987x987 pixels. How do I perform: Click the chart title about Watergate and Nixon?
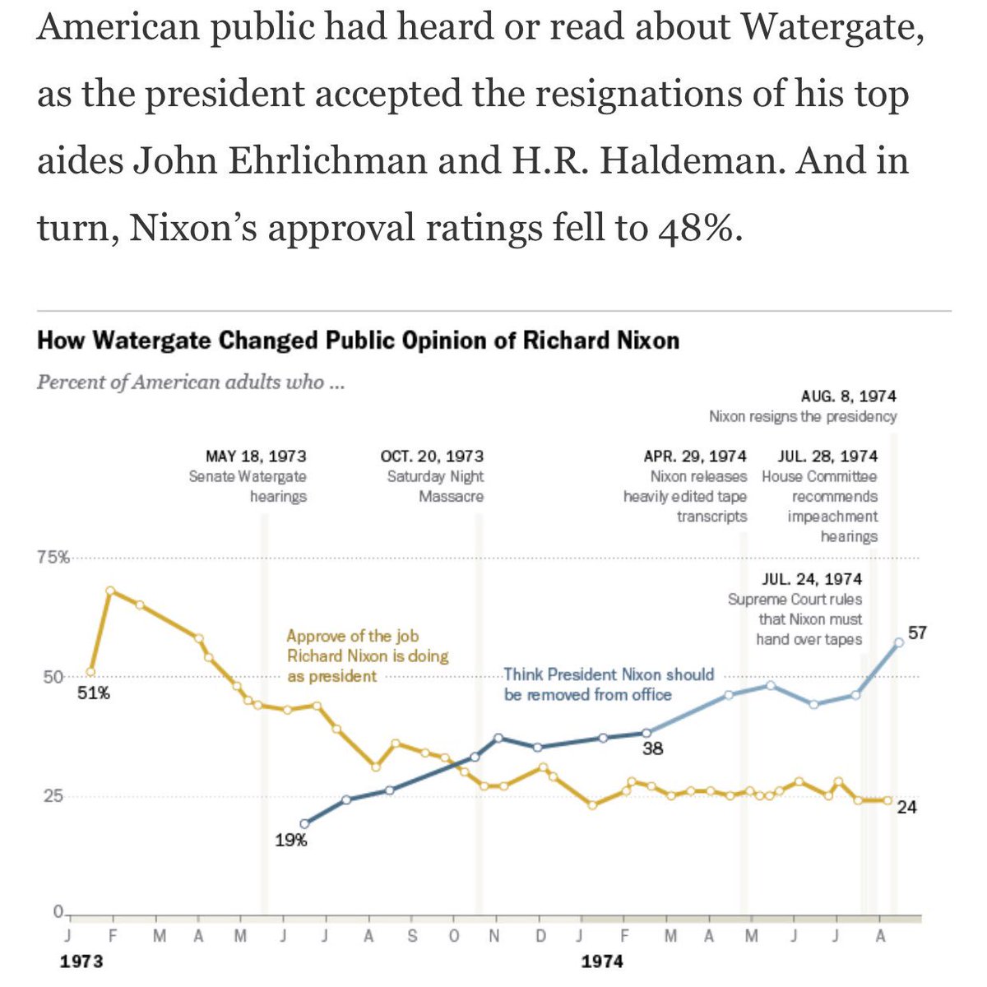click(358, 341)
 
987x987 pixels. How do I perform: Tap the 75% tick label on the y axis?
click(51, 558)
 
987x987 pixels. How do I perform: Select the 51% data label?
click(94, 693)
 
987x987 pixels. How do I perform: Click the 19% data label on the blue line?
click(291, 841)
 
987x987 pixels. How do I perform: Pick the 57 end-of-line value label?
click(917, 633)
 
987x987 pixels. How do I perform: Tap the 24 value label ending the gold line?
click(906, 807)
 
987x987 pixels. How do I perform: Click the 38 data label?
click(653, 748)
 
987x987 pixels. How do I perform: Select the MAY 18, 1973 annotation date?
click(256, 456)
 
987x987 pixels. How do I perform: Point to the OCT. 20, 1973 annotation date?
click(432, 456)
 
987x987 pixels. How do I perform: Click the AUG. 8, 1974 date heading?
click(848, 396)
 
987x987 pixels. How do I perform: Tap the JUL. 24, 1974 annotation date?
click(812, 579)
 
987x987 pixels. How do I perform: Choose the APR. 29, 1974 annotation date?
click(695, 456)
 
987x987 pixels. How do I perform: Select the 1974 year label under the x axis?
click(602, 962)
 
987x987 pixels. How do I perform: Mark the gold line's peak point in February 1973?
click(110, 591)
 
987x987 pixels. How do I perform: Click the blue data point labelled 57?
click(898, 642)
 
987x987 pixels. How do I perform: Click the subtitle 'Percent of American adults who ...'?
click(190, 382)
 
